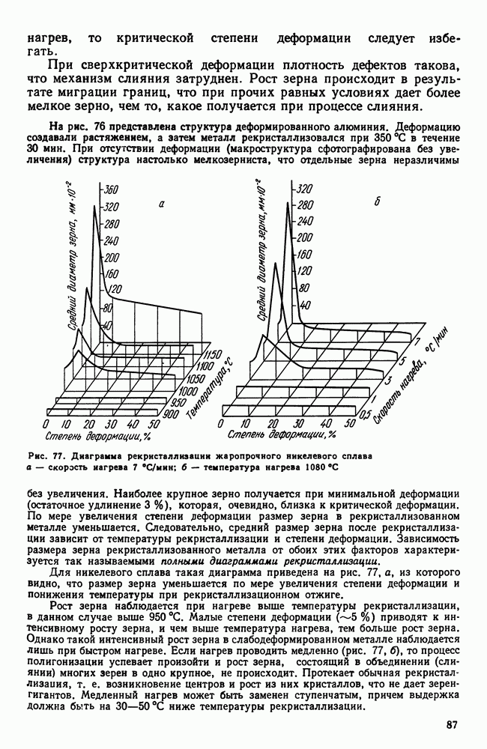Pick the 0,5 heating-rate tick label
[x=365, y=415]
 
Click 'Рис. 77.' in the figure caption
[x=47, y=455]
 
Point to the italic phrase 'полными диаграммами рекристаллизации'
[x=280, y=562]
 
